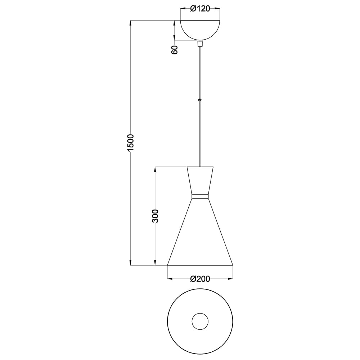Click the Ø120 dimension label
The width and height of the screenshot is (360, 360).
point(200,9)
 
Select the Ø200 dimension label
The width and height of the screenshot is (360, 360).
point(200,279)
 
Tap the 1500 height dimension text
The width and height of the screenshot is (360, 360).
point(130,143)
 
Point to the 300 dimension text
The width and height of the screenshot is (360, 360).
point(155,216)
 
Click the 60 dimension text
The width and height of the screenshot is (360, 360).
point(175,50)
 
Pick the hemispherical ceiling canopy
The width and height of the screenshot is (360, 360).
point(200,30)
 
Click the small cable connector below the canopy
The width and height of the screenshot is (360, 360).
point(200,44)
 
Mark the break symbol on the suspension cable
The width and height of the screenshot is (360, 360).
point(200,100)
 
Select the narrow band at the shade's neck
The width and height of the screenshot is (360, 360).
point(200,196)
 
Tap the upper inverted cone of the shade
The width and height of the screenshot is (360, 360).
point(200,180)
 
